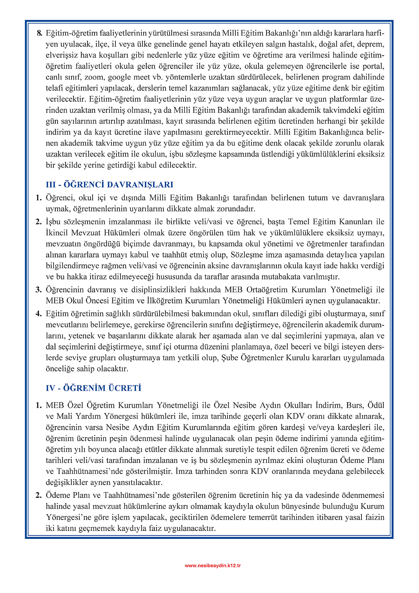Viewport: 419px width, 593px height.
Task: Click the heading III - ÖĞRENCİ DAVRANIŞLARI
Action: pyautogui.click(x=109, y=185)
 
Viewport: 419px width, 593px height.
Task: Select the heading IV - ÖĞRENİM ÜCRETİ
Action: pyautogui.click(x=93, y=388)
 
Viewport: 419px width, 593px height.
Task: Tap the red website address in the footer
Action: pyautogui.click(x=213, y=565)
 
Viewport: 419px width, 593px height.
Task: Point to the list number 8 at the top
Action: pyautogui.click(x=39, y=33)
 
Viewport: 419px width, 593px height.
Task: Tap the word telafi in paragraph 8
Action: pyautogui.click(x=56, y=88)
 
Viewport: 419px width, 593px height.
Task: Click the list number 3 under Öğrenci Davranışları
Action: pyautogui.click(x=39, y=290)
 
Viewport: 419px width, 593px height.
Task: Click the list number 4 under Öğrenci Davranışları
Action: pyautogui.click(x=39, y=314)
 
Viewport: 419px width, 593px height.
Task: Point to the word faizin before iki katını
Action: pyautogui.click(x=375, y=517)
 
